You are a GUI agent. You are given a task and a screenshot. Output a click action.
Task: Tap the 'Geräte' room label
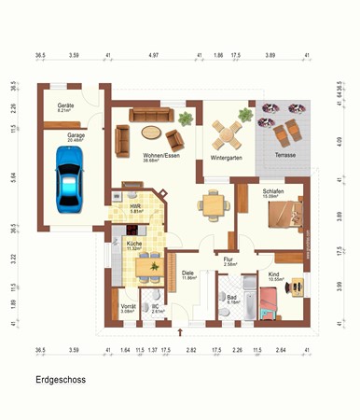(x=66, y=106)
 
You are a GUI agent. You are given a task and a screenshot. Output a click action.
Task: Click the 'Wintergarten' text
(x=227, y=158)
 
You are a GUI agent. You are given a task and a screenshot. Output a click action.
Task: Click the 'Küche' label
(x=133, y=244)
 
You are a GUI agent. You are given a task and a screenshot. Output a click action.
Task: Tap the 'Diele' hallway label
(x=187, y=273)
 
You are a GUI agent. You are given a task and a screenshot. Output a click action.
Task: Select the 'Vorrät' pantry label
(x=129, y=306)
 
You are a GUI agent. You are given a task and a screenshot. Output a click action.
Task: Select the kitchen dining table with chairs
(x=148, y=269)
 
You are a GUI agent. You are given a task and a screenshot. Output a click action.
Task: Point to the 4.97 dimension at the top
(x=153, y=56)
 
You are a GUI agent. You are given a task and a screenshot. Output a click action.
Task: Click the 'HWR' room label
(x=136, y=206)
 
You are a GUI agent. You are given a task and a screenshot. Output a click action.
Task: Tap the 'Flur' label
(x=230, y=259)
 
